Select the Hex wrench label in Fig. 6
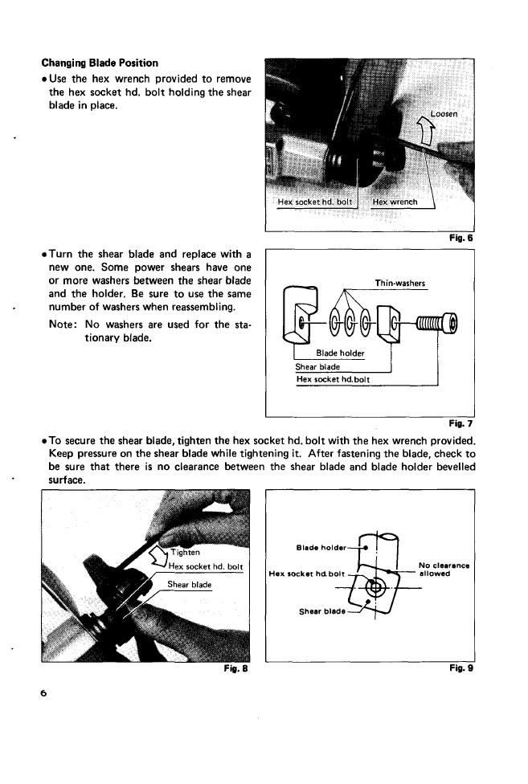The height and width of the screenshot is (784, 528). click(395, 202)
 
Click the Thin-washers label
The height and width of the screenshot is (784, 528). click(400, 283)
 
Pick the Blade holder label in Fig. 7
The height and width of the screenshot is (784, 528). click(340, 353)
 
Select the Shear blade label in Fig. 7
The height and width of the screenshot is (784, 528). click(318, 367)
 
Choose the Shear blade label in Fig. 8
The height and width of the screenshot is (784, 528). click(190, 585)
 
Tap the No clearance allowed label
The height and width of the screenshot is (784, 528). click(444, 569)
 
